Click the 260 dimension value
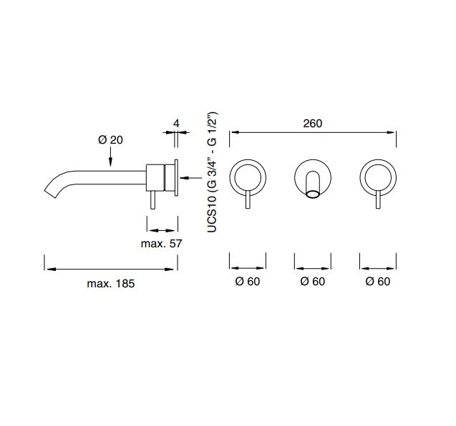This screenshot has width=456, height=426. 313,124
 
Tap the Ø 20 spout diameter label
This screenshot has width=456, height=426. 110,140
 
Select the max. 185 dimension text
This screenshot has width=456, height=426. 111,284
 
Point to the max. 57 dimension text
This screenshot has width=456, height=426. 161,243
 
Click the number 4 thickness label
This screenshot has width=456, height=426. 176,124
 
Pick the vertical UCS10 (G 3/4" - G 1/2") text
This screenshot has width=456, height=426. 212,172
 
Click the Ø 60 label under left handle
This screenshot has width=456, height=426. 248,282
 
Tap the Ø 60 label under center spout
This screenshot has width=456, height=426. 313,282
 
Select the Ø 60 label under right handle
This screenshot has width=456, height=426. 378,282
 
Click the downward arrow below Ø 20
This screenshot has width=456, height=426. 110,157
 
